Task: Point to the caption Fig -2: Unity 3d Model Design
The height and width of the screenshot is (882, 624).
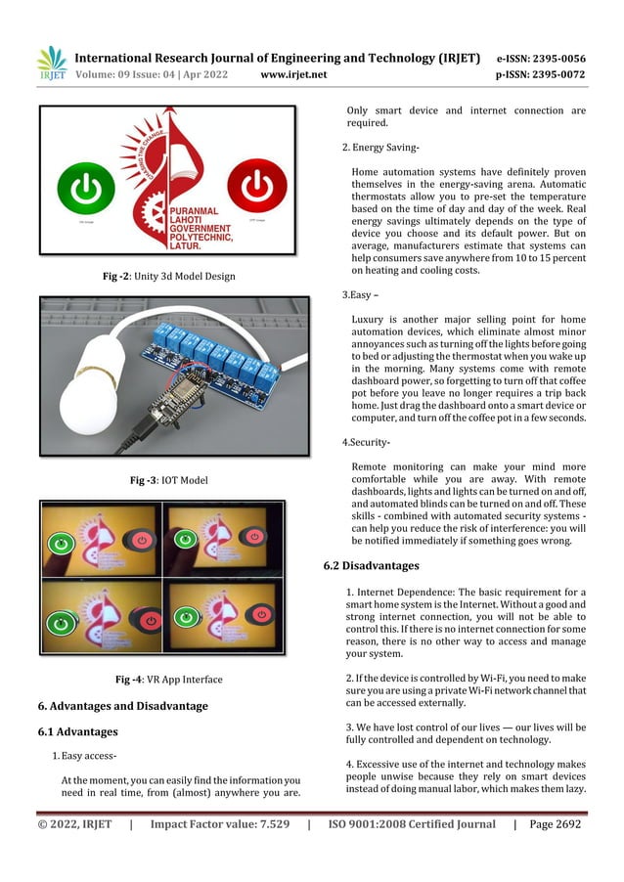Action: tap(169, 277)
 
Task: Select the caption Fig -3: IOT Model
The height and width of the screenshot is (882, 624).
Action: tap(169, 480)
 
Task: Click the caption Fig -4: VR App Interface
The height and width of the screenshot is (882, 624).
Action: tap(169, 680)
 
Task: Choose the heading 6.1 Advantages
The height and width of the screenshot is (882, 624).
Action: tap(77, 731)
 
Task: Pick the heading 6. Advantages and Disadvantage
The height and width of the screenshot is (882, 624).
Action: tap(122, 706)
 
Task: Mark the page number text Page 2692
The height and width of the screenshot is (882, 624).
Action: tap(555, 824)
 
